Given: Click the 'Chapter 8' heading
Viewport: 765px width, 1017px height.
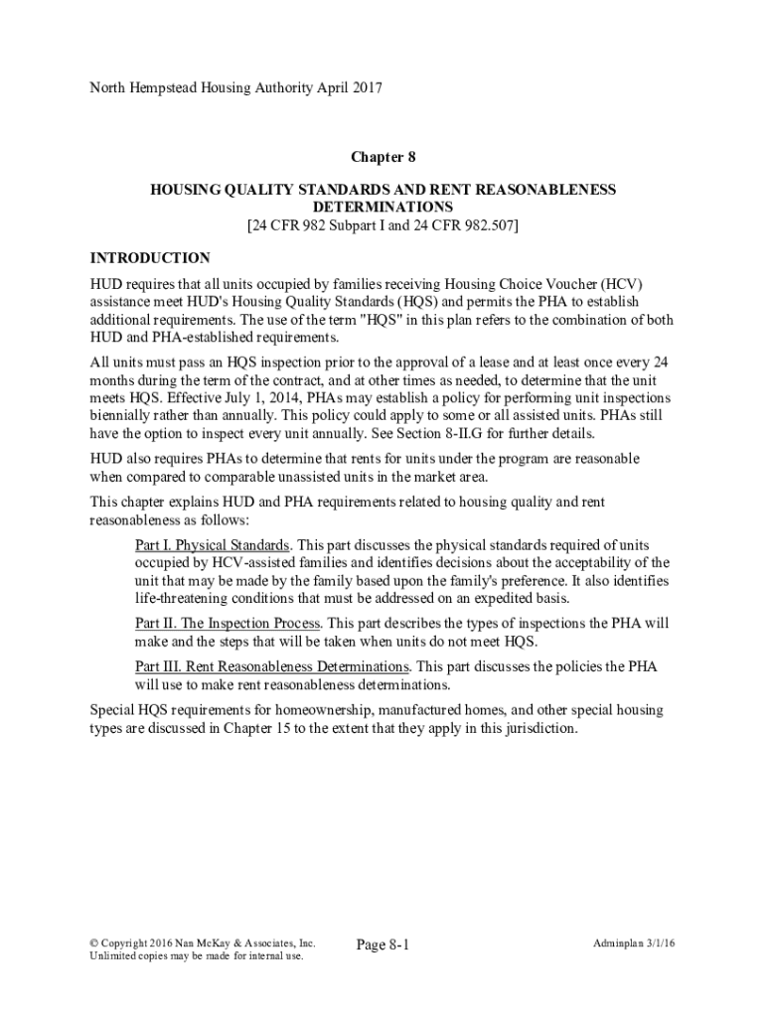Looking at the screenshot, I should click(382, 157).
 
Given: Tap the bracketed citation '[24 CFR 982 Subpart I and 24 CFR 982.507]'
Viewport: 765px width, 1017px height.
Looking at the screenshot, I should click(382, 225).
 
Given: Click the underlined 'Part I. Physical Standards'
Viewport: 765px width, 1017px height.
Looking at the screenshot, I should click(213, 545).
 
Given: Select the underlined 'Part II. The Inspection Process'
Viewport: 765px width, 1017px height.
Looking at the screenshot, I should click(228, 623).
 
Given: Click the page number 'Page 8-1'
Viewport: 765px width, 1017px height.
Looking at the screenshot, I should click(382, 944).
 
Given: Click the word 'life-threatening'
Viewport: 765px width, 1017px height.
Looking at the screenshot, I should click(185, 599).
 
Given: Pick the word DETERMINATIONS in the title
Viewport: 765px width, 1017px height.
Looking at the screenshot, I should click(382, 207).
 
